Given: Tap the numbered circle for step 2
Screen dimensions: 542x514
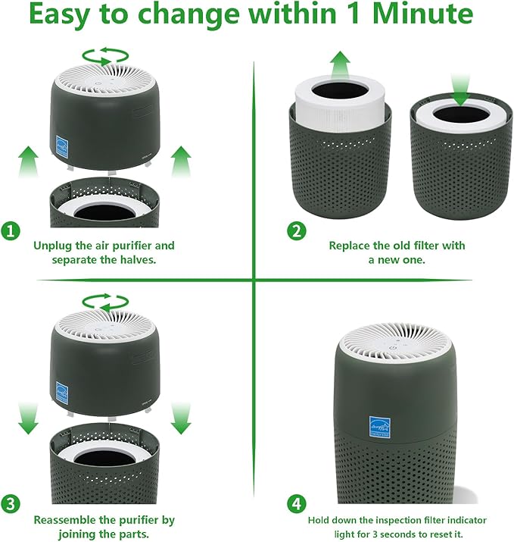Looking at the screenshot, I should click(297, 231).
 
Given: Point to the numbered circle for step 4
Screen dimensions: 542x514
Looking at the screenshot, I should click(297, 504).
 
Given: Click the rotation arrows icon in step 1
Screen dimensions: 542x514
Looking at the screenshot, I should click(106, 55).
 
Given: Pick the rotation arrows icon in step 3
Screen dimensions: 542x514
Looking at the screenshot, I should click(106, 300).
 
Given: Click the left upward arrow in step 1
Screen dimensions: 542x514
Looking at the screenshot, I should click(29, 161).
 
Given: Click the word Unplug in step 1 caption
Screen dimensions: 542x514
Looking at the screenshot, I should click(52, 246).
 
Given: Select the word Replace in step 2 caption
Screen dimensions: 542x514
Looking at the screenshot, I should click(350, 246).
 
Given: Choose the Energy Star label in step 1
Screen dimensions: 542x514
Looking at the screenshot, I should click(63, 145).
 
